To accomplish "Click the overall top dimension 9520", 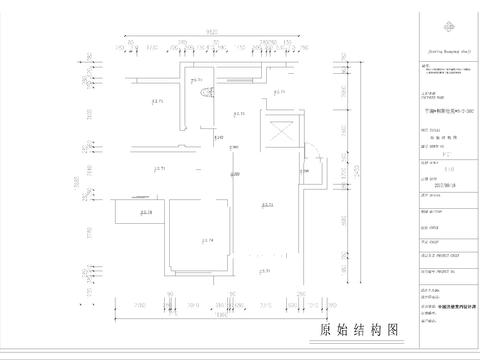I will click(213, 31).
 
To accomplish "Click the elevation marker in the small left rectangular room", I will click(145, 212).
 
